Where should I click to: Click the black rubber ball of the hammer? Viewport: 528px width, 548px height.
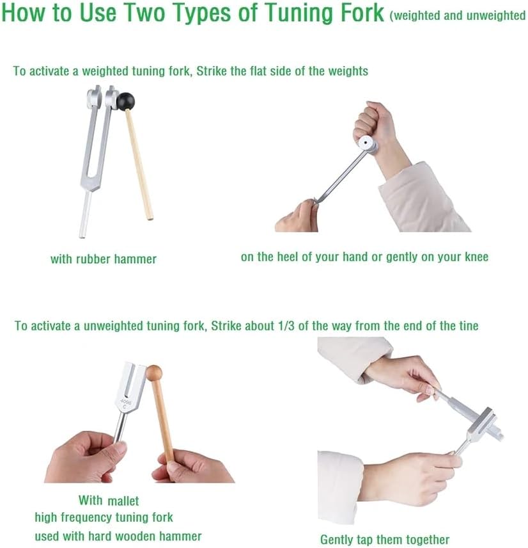tap(125, 101)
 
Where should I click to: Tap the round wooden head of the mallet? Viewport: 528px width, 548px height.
tap(154, 373)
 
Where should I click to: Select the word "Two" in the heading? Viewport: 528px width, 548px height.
tap(141, 13)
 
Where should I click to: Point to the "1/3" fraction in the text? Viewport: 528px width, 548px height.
tap(286, 326)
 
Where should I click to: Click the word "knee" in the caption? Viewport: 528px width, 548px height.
tap(476, 257)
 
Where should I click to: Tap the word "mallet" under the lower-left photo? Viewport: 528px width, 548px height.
tap(123, 501)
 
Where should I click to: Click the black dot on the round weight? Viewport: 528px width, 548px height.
tap(366, 143)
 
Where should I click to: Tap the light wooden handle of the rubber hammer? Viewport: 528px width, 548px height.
tap(139, 165)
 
